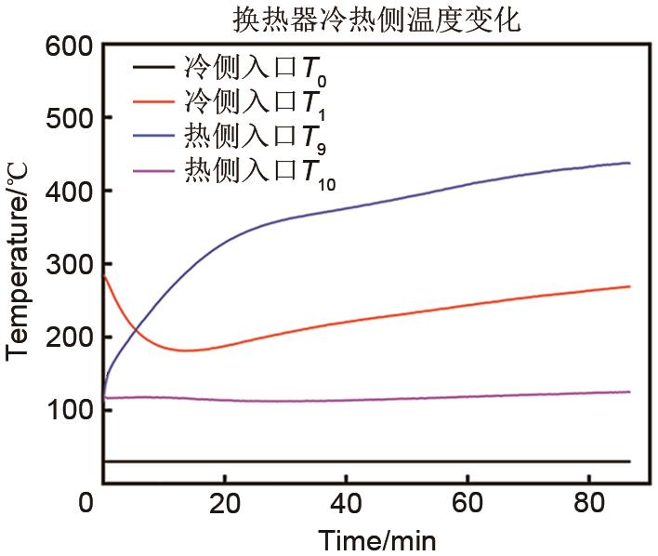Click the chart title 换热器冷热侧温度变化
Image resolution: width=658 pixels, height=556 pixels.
[377, 18]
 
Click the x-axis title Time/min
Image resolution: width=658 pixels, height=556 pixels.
[377, 539]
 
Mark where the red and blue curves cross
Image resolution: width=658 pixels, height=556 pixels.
[137, 329]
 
